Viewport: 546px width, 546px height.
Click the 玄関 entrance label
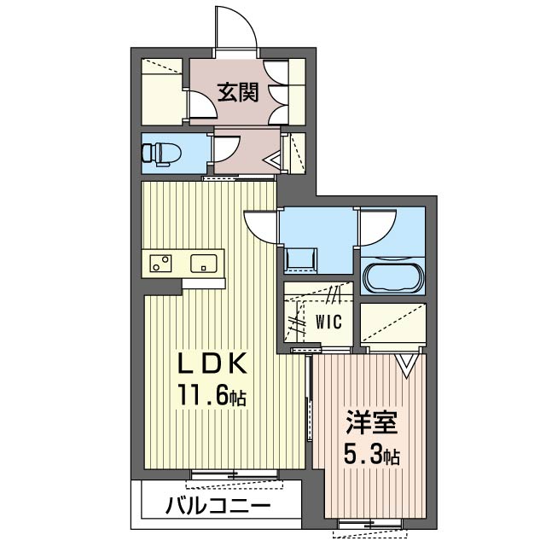238,93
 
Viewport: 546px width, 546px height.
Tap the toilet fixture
161,154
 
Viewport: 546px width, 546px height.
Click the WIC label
328,322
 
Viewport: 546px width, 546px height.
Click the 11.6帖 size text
212,395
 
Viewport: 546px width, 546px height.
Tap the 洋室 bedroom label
372,422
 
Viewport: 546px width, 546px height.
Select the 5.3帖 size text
372,455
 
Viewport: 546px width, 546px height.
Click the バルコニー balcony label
218,505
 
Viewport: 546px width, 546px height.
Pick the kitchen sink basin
204,264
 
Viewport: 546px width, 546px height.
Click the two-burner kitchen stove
160,264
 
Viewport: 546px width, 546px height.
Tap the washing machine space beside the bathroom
301,259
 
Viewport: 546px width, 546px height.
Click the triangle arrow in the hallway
272,160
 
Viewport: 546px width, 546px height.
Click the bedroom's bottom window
370,523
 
